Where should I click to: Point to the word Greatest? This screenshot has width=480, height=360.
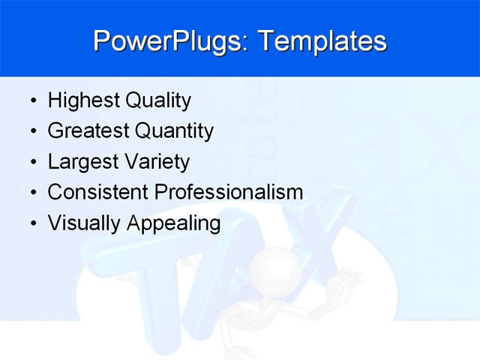[x=88, y=131]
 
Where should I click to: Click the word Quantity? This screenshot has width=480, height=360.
[x=174, y=131]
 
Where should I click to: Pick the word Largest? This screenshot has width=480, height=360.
[x=79, y=162]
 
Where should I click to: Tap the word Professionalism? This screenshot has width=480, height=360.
[x=228, y=193]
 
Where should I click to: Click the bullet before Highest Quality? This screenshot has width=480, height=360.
[x=31, y=101]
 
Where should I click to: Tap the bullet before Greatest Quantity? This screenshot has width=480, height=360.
[x=31, y=132]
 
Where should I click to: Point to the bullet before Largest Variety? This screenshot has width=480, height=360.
[x=31, y=163]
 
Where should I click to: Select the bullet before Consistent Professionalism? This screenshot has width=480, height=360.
[x=31, y=193]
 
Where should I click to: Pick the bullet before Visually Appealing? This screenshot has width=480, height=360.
[x=31, y=224]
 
